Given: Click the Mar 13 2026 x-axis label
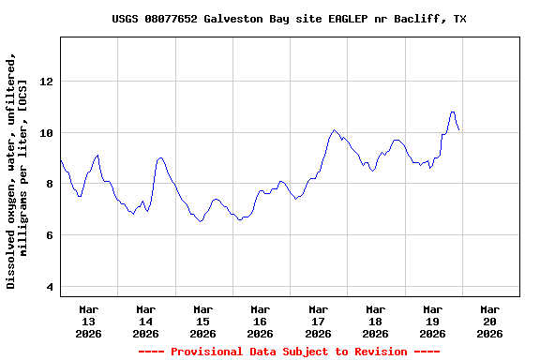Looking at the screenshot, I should coord(89,321).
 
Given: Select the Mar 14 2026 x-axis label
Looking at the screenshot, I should coord(146,321).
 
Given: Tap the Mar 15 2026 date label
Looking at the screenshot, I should coord(203,321).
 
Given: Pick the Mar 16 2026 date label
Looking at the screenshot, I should coord(261,321).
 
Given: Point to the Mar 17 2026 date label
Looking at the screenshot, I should coord(318,321).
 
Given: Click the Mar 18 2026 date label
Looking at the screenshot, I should coord(375,321).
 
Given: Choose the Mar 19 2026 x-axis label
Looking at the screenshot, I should coord(432,321).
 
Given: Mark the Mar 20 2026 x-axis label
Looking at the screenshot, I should coord(489,321).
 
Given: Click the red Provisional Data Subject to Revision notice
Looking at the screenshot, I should coord(289,352).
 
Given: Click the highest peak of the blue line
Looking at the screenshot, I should coord(453,112).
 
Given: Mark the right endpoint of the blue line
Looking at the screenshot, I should coord(459,130).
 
